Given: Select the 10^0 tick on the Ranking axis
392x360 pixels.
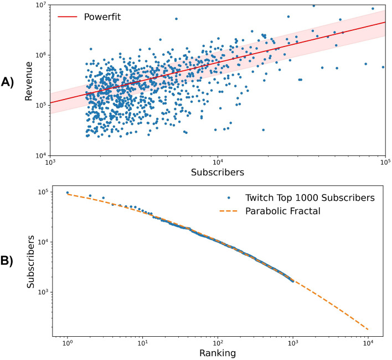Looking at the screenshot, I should (x=67, y=343).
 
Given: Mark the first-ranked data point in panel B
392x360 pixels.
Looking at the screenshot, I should (x=67, y=193).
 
